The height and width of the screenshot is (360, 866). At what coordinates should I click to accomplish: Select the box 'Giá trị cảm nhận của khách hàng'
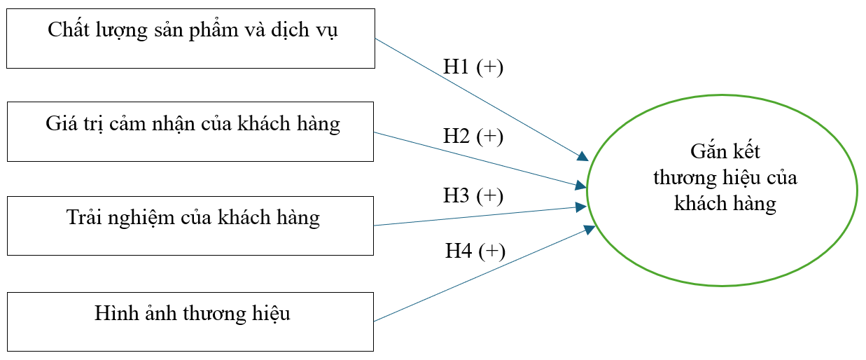point(190,131)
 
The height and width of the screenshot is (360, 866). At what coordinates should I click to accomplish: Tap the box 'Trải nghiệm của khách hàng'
point(190,225)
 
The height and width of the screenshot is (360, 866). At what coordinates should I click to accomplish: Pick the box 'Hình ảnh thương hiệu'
point(190,321)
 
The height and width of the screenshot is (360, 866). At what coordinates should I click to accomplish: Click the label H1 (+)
point(473,67)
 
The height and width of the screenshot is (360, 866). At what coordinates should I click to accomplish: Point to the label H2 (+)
point(473,137)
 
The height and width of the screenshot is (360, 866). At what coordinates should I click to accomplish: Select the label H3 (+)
point(473,195)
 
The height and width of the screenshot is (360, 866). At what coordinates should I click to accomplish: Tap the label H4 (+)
point(475,250)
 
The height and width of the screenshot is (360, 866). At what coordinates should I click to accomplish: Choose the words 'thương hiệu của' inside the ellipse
point(725,178)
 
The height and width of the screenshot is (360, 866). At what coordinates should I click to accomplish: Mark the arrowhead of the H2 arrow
point(581,186)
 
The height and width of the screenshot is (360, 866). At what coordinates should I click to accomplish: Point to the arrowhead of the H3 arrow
point(581,207)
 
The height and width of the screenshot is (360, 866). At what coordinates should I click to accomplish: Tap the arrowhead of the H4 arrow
point(589,229)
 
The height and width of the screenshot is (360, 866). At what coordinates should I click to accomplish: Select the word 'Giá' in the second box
point(61,125)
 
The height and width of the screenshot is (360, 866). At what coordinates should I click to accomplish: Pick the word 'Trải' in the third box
point(83,218)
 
